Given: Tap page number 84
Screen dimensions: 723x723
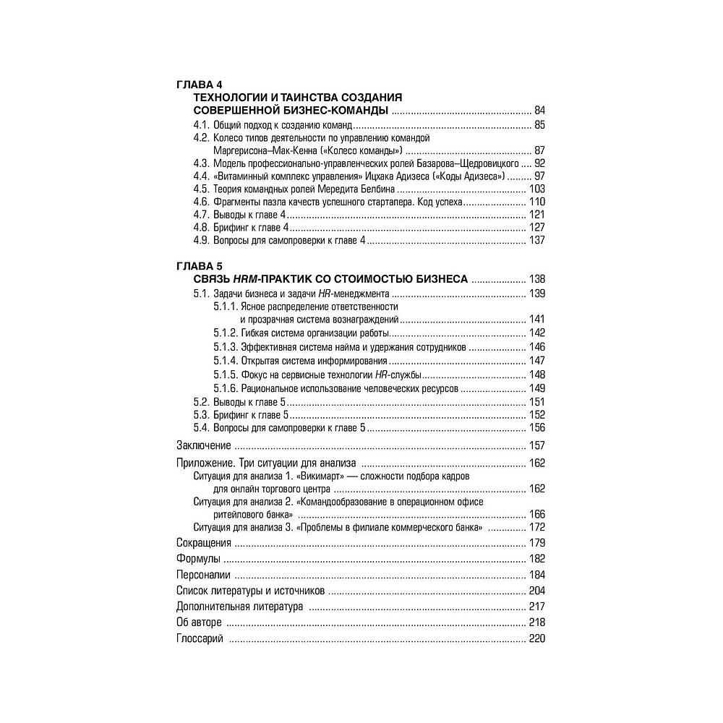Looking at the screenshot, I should coord(539,111).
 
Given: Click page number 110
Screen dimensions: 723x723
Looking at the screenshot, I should coord(536,202).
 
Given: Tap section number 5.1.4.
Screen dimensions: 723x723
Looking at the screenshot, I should coord(225,360).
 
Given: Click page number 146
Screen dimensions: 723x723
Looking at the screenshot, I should coord(536,347).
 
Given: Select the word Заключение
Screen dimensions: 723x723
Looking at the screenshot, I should coord(204,445).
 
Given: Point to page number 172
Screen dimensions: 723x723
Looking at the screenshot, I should coord(536,527).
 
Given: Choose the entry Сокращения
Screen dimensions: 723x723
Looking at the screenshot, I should coord(204,543).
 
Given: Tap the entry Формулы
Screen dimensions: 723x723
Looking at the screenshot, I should coord(197,559).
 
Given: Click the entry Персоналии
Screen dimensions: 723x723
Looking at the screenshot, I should coord(203,575).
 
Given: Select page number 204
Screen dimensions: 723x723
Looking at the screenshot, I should coord(536,591).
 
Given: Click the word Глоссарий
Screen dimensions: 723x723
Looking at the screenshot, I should coord(200,638).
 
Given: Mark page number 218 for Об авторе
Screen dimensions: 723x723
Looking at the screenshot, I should coord(536,623).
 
